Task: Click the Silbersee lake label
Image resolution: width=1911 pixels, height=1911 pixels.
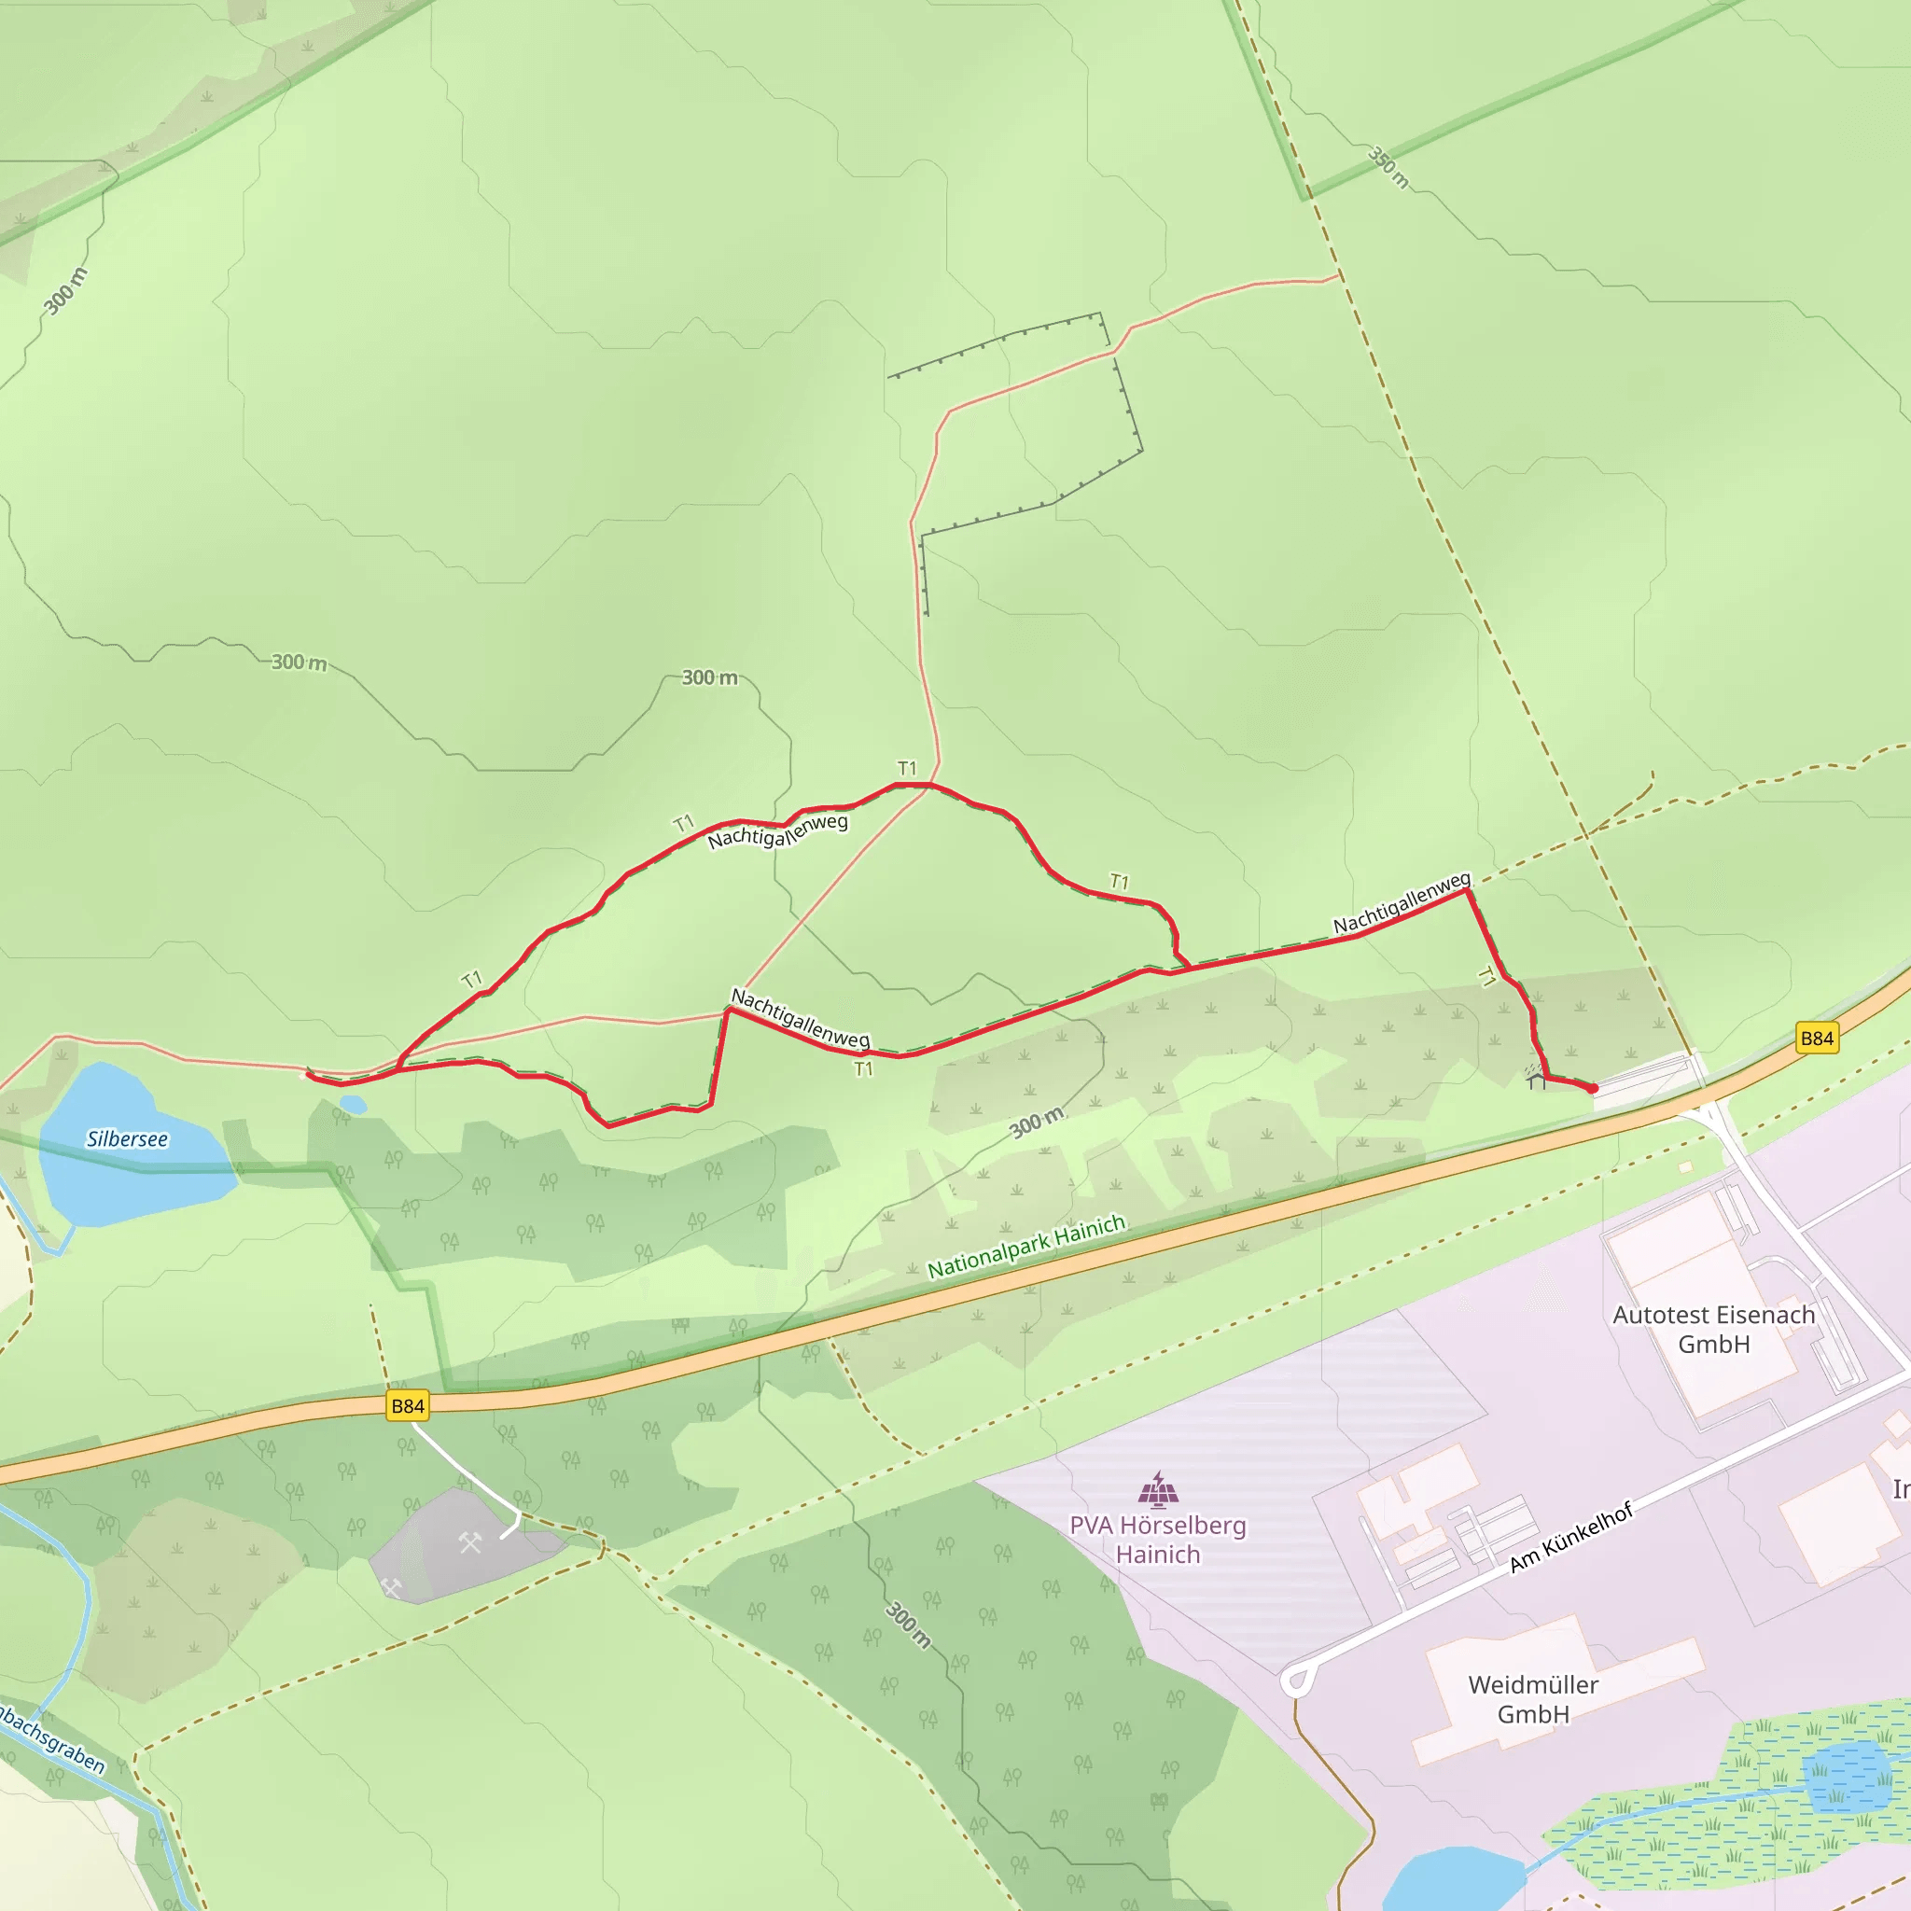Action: (127, 1138)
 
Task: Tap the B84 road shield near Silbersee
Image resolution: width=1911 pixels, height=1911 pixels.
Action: (408, 1405)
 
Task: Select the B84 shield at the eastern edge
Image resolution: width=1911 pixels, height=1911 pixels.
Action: (1817, 1038)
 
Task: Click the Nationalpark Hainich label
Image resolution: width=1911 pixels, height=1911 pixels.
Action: (1026, 1246)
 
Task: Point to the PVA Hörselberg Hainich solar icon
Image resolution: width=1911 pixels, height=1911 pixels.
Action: (1157, 1487)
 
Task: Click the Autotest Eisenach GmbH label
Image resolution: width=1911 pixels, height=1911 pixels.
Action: (1713, 1329)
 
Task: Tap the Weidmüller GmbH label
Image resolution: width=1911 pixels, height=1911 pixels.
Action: (1532, 1698)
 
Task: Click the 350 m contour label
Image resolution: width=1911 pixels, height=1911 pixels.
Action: (1388, 166)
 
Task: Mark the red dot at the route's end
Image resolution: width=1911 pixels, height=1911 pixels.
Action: (1593, 1088)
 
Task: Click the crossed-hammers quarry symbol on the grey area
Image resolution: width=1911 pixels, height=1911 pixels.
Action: (470, 1542)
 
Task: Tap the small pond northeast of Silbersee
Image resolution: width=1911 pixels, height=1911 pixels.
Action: (352, 1104)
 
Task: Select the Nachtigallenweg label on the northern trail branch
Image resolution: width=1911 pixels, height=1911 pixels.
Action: (777, 830)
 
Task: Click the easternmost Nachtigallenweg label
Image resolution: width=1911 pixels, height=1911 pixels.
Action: (1402, 902)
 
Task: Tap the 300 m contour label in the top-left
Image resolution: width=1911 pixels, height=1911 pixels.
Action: (65, 291)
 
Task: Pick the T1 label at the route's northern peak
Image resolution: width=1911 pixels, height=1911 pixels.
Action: (907, 768)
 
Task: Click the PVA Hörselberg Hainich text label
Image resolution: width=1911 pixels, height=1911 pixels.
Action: (1157, 1539)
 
